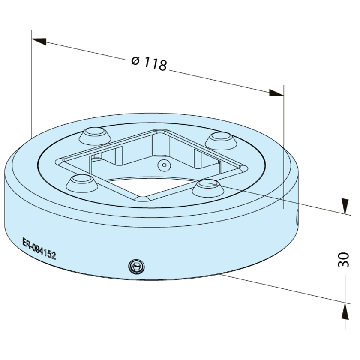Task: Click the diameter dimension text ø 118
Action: (149, 63)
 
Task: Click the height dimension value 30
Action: (344, 260)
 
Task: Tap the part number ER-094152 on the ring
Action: (39, 249)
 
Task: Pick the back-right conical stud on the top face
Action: (220, 139)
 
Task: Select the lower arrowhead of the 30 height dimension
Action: (344, 311)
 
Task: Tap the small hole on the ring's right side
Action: (296, 218)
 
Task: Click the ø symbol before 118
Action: (135, 61)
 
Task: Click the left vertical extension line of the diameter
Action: (32, 86)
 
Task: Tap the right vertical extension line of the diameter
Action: (284, 150)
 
